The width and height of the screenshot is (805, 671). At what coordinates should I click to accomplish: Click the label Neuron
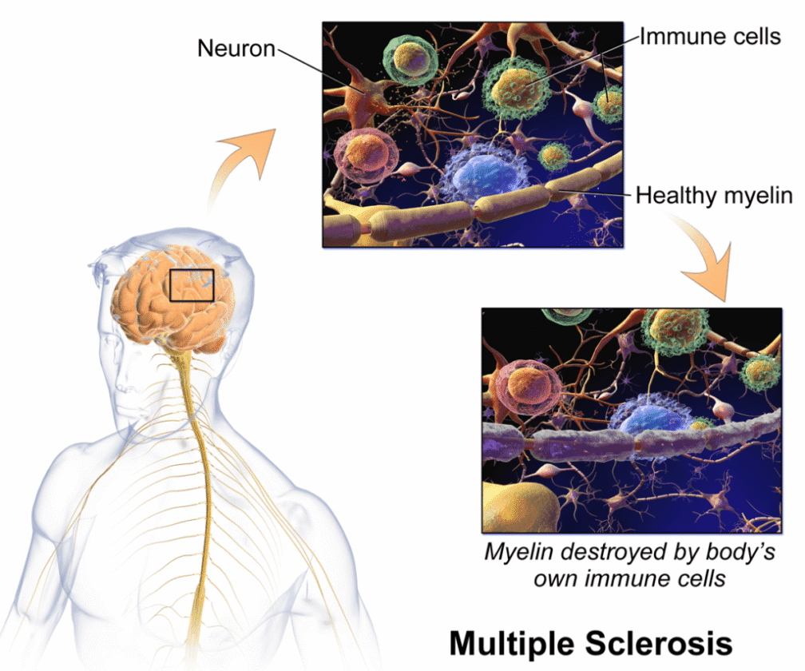pos(236,48)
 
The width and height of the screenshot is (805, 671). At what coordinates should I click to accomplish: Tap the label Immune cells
pos(710,37)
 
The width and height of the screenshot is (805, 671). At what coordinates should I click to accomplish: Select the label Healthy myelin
pos(714,196)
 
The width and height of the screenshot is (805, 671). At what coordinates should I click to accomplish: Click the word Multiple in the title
pos(511,643)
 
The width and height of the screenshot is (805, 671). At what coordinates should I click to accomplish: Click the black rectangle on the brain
pos(192,269)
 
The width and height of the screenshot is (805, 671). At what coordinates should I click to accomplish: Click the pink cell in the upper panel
pos(366,156)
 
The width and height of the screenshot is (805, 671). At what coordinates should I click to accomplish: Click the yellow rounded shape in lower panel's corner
pos(517,507)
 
